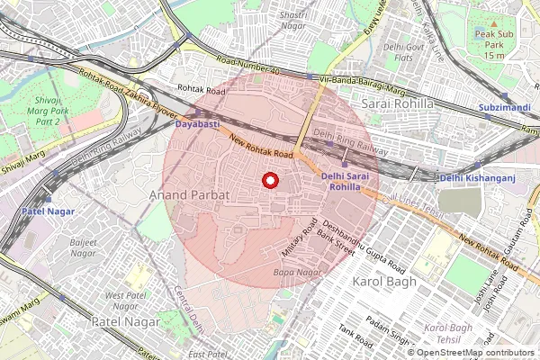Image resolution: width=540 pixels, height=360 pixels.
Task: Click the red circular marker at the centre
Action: [x=269, y=181]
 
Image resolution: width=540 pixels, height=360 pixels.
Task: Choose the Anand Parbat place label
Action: [x=189, y=193]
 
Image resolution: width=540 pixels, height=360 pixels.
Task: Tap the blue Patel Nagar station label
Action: [x=49, y=211]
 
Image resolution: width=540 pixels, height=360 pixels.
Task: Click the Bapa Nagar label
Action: [x=296, y=272]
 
